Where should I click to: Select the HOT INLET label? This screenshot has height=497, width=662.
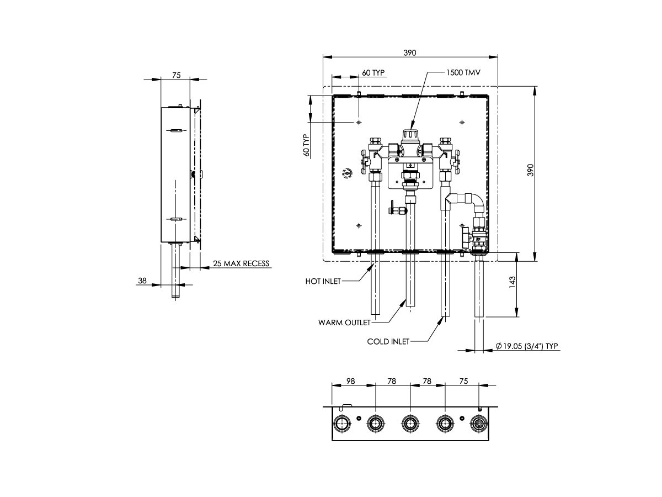coord(323,281)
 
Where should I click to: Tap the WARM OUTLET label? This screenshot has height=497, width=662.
coord(344,322)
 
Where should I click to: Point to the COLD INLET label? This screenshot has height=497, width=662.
coord(388,342)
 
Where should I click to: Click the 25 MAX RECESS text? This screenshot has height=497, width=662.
coord(242,263)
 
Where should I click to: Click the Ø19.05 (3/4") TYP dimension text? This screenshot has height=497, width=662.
coord(527,346)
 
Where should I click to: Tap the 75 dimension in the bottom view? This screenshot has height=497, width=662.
coord(463,382)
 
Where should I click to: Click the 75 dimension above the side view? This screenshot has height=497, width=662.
coord(176,75)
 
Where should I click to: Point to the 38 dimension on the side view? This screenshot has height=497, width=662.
coord(142,281)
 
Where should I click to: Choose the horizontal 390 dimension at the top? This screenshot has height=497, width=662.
coord(409,52)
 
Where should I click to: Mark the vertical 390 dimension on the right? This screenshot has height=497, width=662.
coord(531,170)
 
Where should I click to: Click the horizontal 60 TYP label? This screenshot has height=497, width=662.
coord(373,73)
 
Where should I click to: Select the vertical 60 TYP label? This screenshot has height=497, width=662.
coord(306,145)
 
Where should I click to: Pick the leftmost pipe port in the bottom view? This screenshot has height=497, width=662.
coord(341,424)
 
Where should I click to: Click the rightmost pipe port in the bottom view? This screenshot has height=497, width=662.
coord(478,424)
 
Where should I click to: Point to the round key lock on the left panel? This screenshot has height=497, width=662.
coord(347,173)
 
